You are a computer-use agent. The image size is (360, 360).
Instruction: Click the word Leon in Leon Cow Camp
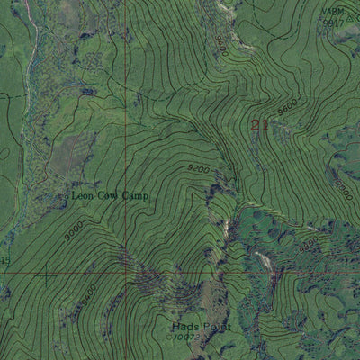[84, 195]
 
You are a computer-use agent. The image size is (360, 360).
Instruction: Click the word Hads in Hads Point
[184, 327]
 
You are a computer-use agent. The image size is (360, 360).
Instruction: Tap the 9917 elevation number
[334, 22]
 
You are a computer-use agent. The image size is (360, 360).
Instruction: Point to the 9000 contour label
[72, 230]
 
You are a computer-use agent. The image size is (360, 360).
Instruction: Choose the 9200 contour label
[200, 167]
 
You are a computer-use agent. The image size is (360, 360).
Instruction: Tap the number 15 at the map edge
[5, 260]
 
